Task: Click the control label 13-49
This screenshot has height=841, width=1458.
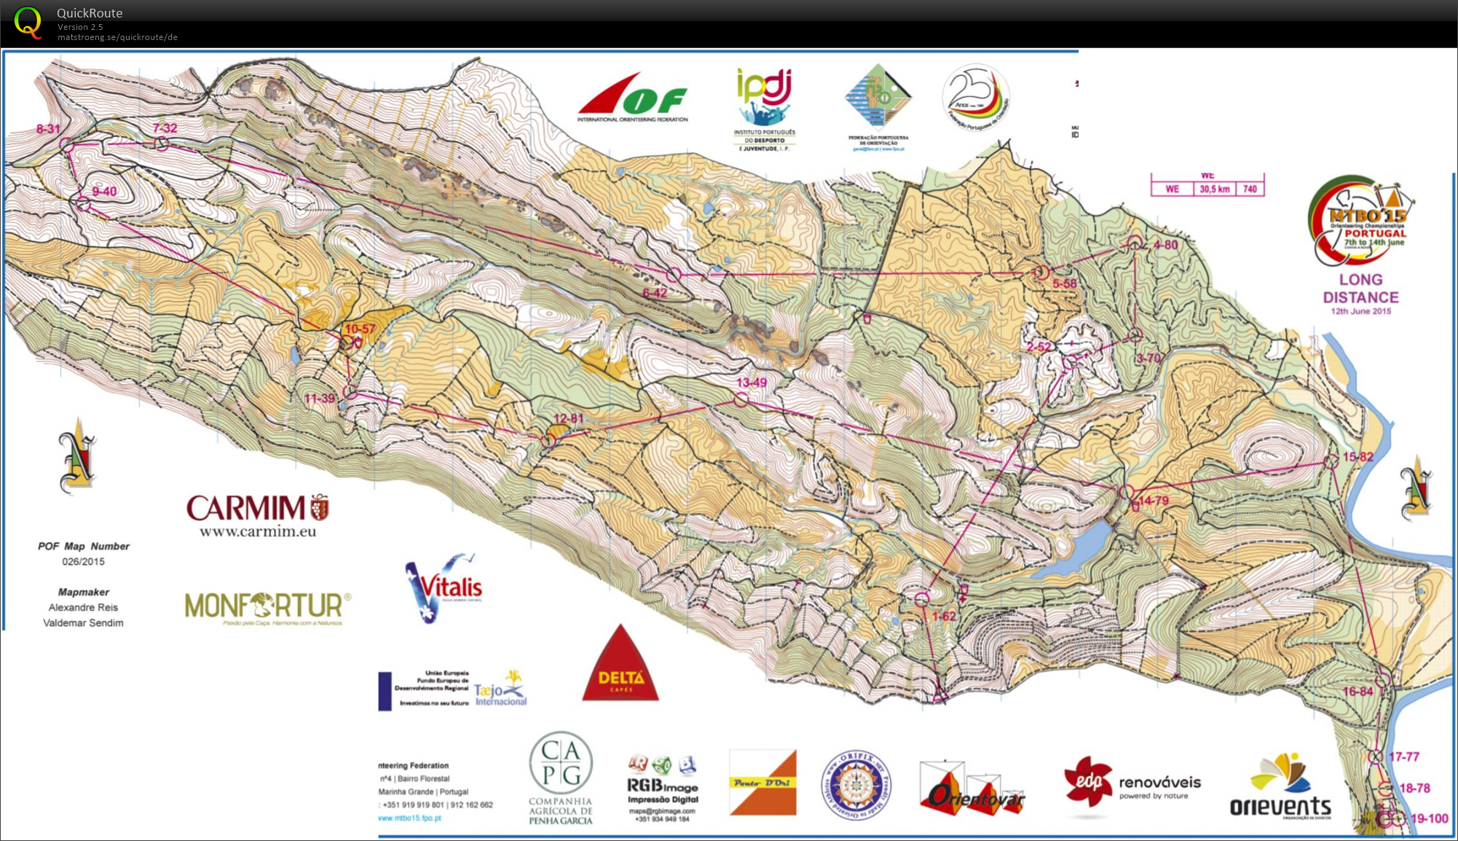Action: pos(752,383)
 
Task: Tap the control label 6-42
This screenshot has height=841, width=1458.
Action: pos(655,293)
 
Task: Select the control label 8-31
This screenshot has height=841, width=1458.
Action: pos(48,129)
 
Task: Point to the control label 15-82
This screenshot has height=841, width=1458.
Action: pos(1357,457)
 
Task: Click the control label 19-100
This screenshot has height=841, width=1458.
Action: pos(1429,818)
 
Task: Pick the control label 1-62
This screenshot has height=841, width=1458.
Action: pos(944,616)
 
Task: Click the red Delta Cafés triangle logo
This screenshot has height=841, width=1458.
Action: pos(620,668)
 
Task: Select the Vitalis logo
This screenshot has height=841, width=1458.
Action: pos(444,587)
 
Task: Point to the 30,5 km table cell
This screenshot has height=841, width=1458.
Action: pos(1214,189)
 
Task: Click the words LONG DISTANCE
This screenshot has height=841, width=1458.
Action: pos(1360,289)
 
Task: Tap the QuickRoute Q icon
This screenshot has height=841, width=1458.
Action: pos(28,23)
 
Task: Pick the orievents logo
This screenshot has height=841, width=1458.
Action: pos(1280,789)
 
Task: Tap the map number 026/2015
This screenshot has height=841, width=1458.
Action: pos(83,561)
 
